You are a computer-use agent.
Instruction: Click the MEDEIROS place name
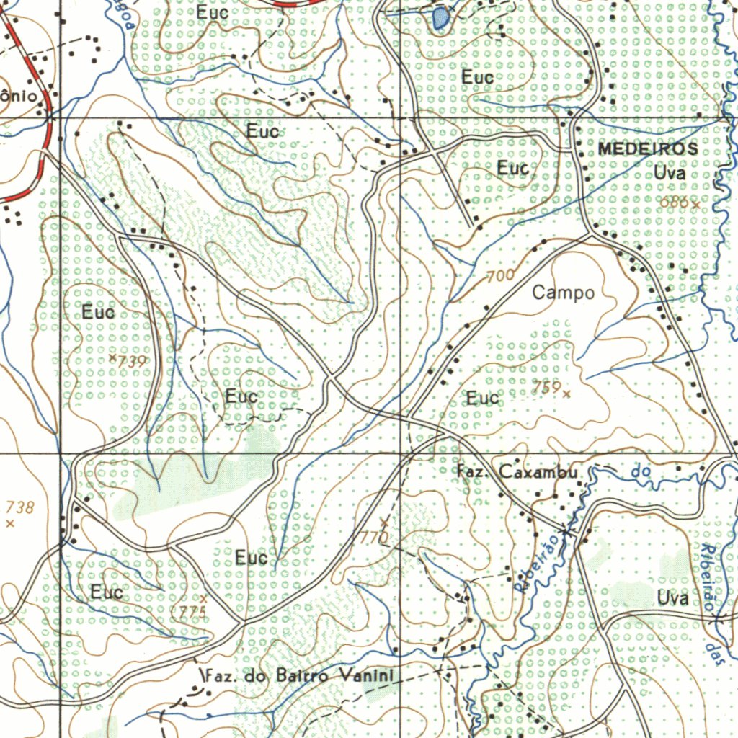pos(647,149)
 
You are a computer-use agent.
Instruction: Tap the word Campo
pos(564,293)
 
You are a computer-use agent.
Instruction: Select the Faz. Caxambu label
pos(517,472)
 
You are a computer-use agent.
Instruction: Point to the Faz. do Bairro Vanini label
pos(299,676)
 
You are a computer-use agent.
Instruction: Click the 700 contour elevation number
pos(500,275)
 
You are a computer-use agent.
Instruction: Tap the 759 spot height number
pos(546,388)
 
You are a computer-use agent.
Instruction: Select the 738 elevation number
pos(19,507)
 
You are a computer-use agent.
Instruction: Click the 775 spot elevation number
pos(190,612)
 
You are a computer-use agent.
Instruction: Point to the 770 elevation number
pos(373,537)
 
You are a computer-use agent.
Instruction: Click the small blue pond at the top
pos(440,17)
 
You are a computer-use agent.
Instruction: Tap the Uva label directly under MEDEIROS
pos(670,173)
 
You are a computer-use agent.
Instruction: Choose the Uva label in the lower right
pos(672,597)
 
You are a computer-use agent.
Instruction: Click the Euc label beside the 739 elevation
pos(98,312)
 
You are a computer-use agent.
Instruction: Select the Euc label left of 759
pos(482,398)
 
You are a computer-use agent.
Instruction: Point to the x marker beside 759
pos(566,394)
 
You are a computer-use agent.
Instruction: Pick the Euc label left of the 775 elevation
pos(107,592)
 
